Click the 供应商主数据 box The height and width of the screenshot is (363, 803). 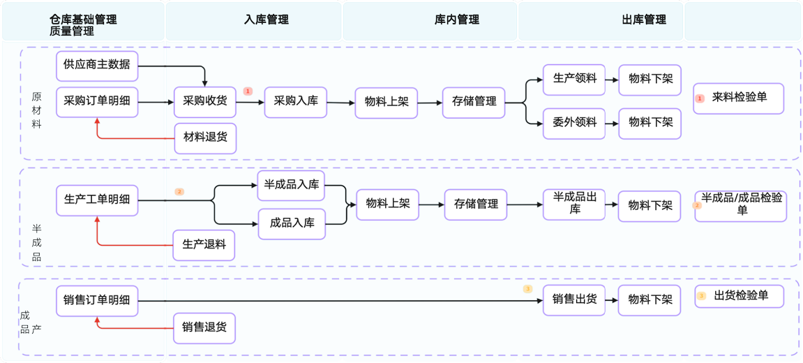[97, 66]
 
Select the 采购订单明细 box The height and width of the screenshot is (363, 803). [97, 102]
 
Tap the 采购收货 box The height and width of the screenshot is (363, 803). [205, 102]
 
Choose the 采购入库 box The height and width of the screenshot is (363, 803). [296, 102]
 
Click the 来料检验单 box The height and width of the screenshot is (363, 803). [739, 98]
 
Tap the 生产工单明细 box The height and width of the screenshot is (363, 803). [97, 200]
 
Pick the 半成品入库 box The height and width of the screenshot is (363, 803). [292, 186]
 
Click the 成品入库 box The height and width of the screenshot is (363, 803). [292, 224]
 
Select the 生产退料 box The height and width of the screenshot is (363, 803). [204, 245]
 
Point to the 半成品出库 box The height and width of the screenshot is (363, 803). [574, 205]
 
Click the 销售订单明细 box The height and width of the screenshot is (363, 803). [97, 301]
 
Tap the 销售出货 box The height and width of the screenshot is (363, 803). [574, 300]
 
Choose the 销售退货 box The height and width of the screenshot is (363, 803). [204, 327]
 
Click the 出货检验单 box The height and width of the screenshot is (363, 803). [739, 297]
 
